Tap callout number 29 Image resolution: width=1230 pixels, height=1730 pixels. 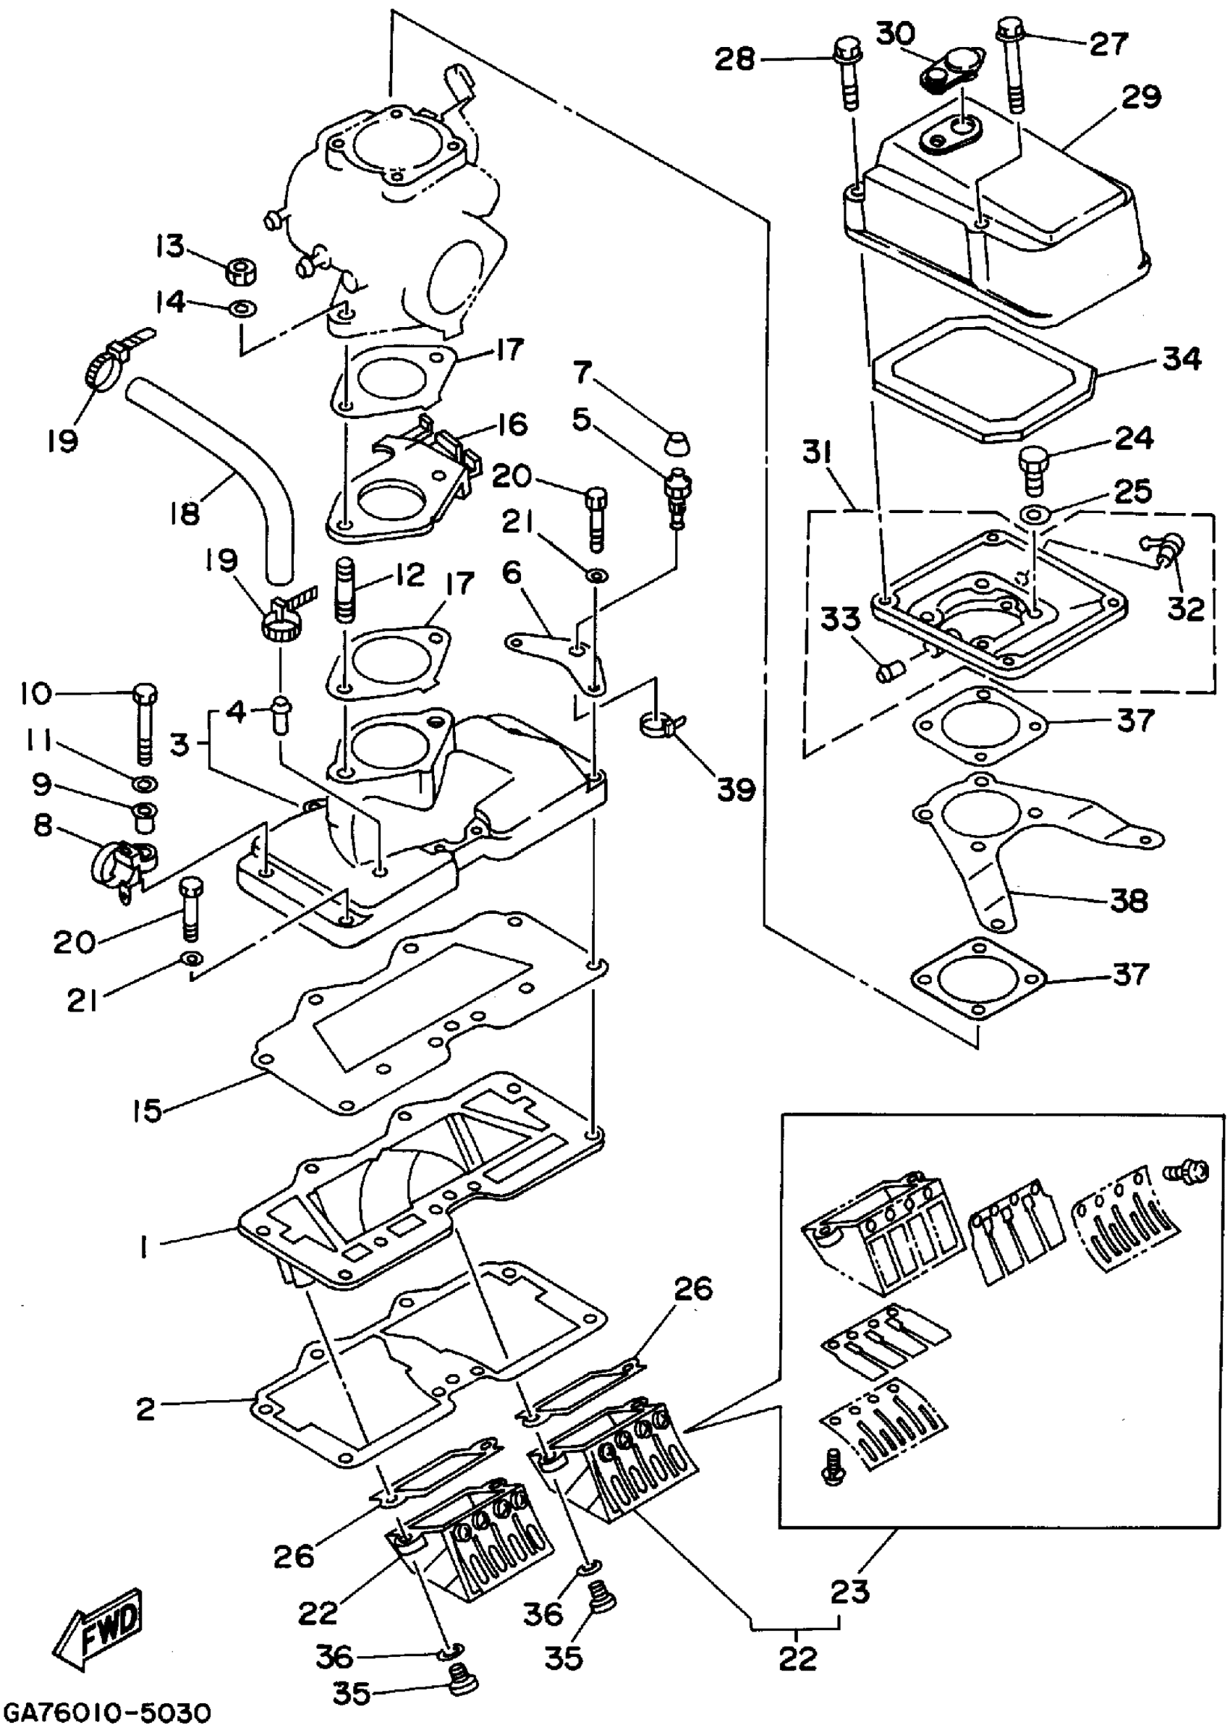click(x=1140, y=98)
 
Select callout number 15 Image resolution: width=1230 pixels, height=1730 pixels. click(x=147, y=1110)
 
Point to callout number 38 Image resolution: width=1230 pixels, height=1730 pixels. click(x=1129, y=901)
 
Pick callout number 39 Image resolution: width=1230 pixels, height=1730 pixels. click(x=736, y=790)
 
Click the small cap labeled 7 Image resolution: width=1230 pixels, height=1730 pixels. click(x=677, y=442)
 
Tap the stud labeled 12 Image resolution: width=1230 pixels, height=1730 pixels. click(x=344, y=588)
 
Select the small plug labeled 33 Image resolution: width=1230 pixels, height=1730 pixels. click(x=888, y=671)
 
